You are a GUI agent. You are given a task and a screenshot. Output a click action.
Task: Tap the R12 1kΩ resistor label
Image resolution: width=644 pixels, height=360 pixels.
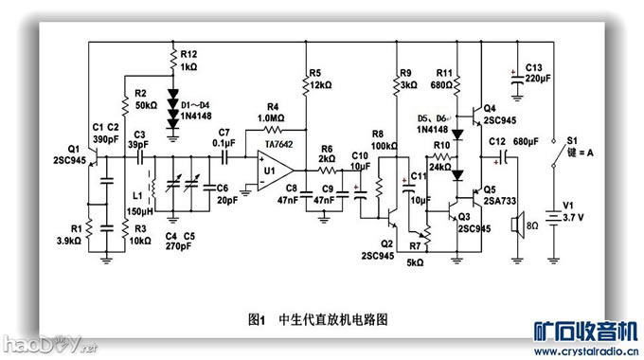pyautogui.click(x=189, y=62)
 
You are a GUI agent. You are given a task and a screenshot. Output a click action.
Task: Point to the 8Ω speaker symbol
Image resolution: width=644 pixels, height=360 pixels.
pyautogui.click(x=517, y=227)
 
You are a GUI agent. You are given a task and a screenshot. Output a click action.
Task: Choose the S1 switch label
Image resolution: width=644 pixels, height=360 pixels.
pyautogui.click(x=571, y=142)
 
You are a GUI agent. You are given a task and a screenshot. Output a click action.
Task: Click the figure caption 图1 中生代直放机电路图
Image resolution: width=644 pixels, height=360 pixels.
pyautogui.click(x=317, y=319)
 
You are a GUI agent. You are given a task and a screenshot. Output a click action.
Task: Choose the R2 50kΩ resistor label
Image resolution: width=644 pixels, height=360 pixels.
pyautogui.click(x=146, y=100)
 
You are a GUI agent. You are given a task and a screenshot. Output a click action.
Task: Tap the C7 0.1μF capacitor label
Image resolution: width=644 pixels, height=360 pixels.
pyautogui.click(x=224, y=137)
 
